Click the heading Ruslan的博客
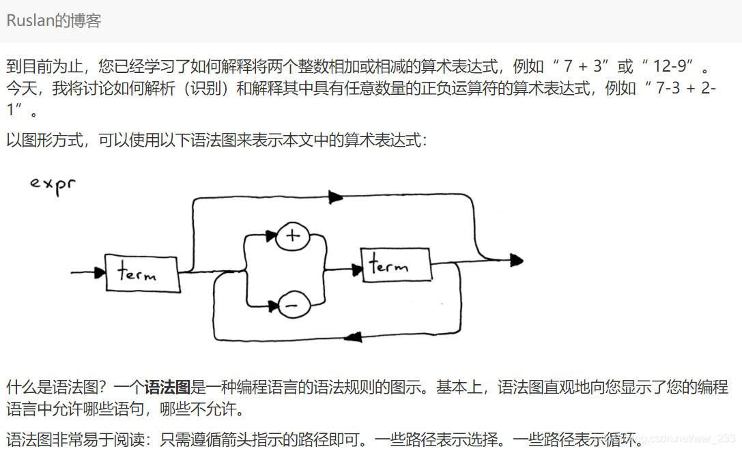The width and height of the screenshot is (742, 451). pyautogui.click(x=53, y=20)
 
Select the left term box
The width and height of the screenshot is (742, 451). pyautogui.click(x=143, y=274)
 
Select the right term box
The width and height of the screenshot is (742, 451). pyautogui.click(x=397, y=265)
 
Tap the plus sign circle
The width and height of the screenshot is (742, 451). pyautogui.click(x=293, y=236)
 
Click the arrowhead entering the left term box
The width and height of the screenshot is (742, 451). pyautogui.click(x=99, y=273)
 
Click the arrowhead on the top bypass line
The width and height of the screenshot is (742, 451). pyautogui.click(x=335, y=197)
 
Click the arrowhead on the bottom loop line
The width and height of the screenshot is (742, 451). pyautogui.click(x=353, y=337)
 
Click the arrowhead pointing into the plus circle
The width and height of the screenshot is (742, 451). pyautogui.click(x=270, y=236)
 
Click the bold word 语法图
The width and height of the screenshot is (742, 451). pyautogui.click(x=167, y=388)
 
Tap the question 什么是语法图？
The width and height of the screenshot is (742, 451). pyautogui.click(x=57, y=388)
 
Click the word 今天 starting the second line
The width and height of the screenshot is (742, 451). pyautogui.click(x=20, y=88)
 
